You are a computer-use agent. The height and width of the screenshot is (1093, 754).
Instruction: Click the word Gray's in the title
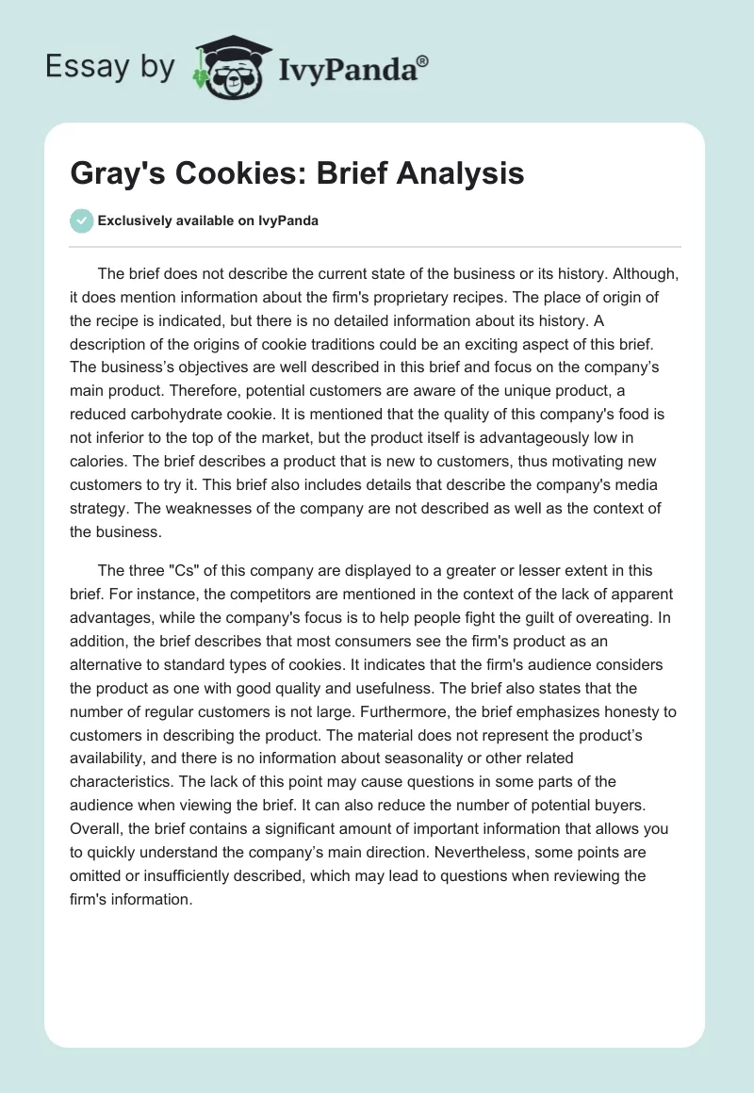point(112,173)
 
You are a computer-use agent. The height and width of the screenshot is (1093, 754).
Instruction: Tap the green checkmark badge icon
point(81,220)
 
